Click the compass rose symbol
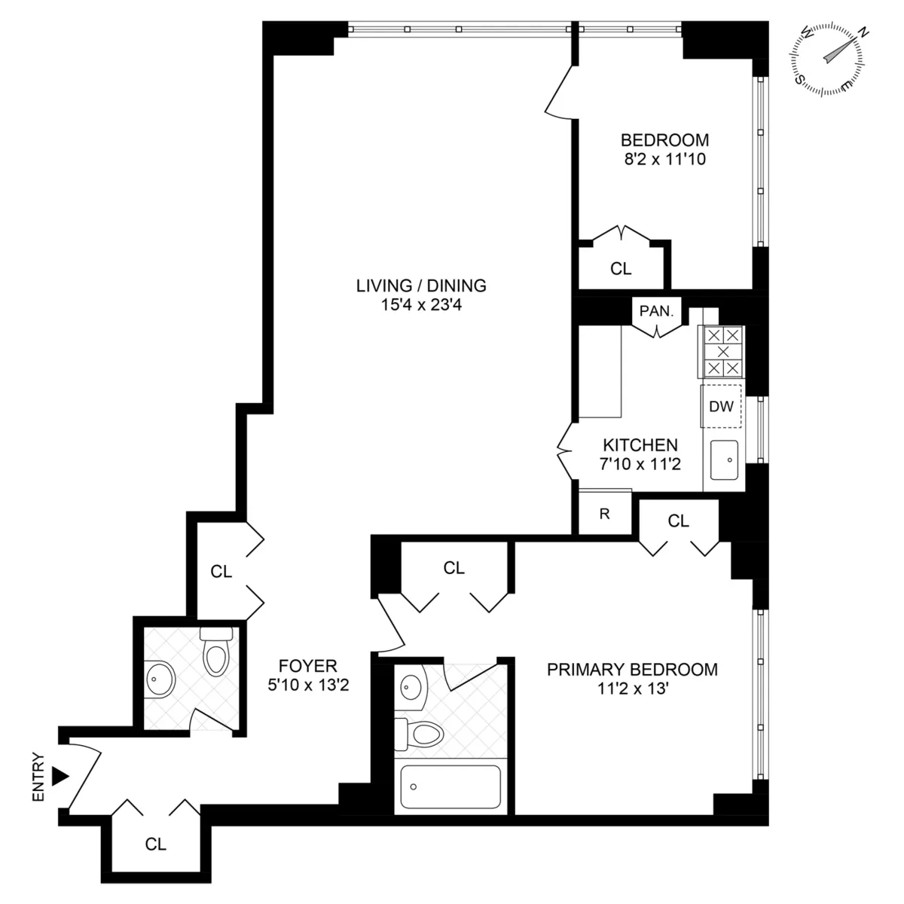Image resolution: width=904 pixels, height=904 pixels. [x=826, y=58]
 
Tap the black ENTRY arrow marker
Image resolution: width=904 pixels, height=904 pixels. [x=60, y=775]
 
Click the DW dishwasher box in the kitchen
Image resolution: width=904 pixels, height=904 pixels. [x=722, y=407]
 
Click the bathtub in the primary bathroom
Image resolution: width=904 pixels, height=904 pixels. [x=450, y=787]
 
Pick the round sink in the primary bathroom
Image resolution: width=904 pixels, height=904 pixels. [x=411, y=686]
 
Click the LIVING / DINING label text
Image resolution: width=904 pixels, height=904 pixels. [x=421, y=286]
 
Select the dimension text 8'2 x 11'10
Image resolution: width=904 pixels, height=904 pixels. [x=664, y=159]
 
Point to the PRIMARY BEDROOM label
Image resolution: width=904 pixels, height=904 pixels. [x=632, y=669]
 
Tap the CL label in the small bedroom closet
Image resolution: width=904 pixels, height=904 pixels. [x=621, y=269]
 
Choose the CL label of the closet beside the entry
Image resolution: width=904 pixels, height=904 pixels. [x=156, y=844]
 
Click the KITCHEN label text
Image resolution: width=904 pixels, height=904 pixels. [x=640, y=445]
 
